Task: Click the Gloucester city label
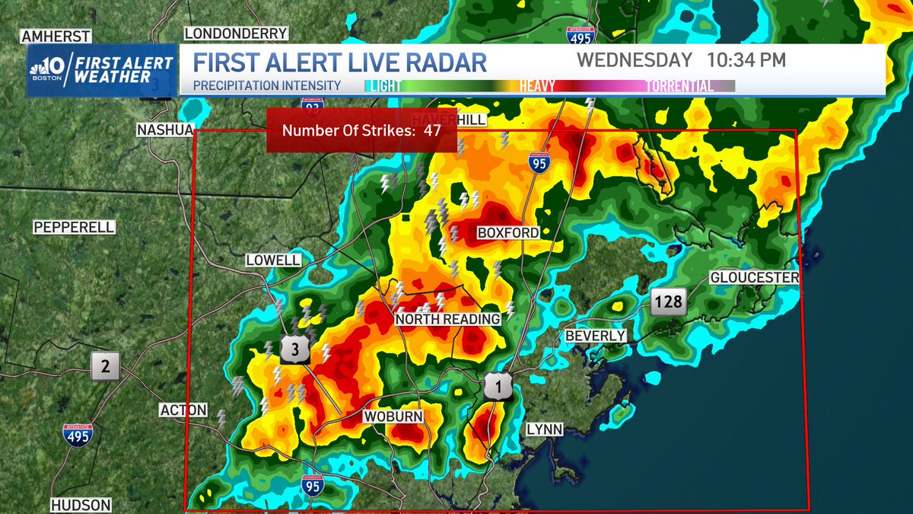pos(754,278)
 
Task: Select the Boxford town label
pos(507,232)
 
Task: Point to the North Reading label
pos(447,320)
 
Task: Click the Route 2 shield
pos(106,367)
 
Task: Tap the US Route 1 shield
pos(498,388)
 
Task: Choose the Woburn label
pos(392,417)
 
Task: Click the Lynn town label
pos(544,429)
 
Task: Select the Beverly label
pos(595,336)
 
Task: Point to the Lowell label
pos(273,260)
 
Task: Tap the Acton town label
pos(183,410)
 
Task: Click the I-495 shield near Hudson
pos(78,435)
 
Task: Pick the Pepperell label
pos(74,227)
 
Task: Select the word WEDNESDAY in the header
pos(635,59)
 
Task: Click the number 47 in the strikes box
pos(433,130)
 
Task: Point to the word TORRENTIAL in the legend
pos(679,86)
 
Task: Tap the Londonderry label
pos(236,34)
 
